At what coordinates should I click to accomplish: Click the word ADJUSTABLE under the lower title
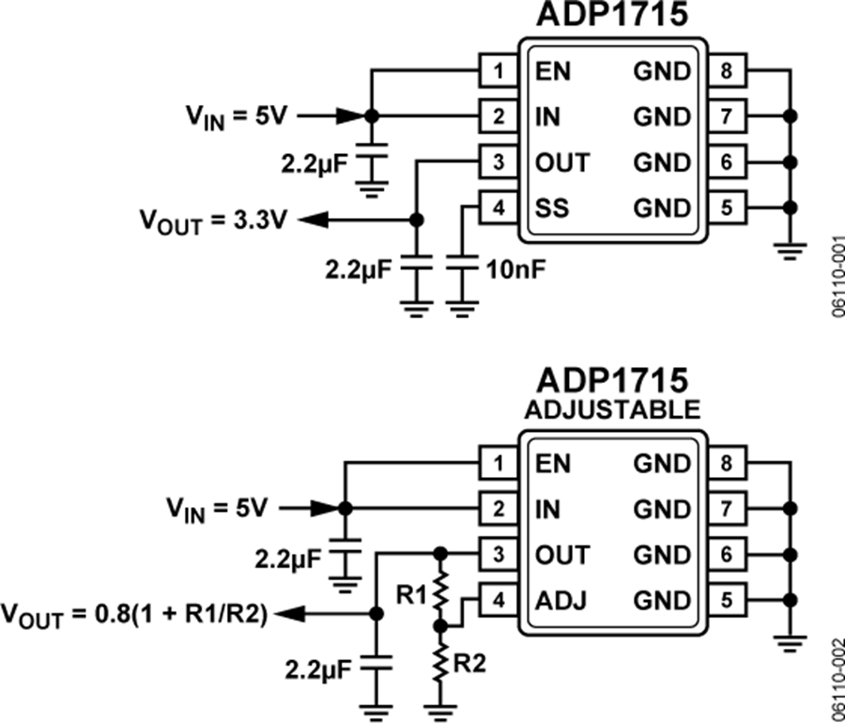(612, 409)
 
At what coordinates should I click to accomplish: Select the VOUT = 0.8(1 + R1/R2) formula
(136, 614)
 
